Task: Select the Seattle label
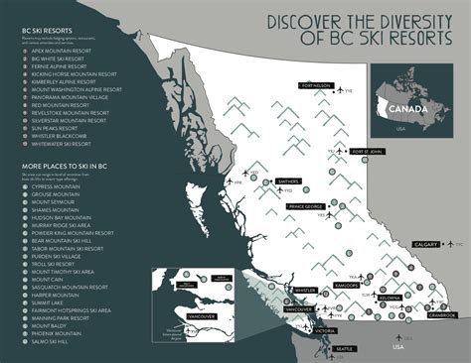(344, 350)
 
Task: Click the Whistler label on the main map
(304, 291)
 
